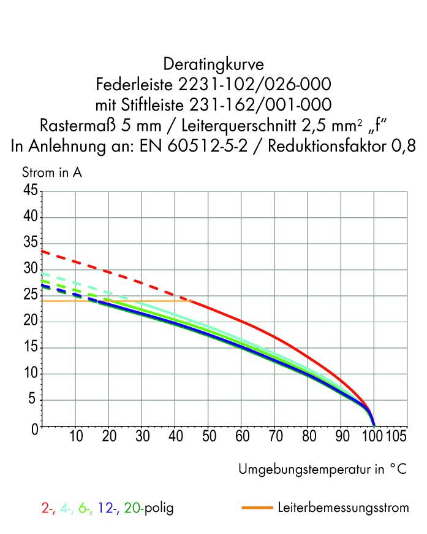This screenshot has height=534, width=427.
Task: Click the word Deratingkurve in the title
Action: pos(214,63)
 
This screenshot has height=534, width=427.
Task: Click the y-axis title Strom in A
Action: pos(52,172)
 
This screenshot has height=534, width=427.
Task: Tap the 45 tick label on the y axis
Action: pos(29,191)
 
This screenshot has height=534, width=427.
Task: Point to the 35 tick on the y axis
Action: pos(29,244)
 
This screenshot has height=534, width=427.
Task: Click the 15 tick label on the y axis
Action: pos(29,348)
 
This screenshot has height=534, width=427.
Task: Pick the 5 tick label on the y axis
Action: pos(34,400)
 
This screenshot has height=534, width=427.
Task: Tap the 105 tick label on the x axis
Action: pos(396,436)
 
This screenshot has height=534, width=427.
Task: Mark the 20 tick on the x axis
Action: pos(108,436)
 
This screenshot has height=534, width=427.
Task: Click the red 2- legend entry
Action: pos(48,508)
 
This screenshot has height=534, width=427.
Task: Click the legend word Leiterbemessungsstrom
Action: pos(343,508)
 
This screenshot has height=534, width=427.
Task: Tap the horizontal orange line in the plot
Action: pos(123,301)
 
